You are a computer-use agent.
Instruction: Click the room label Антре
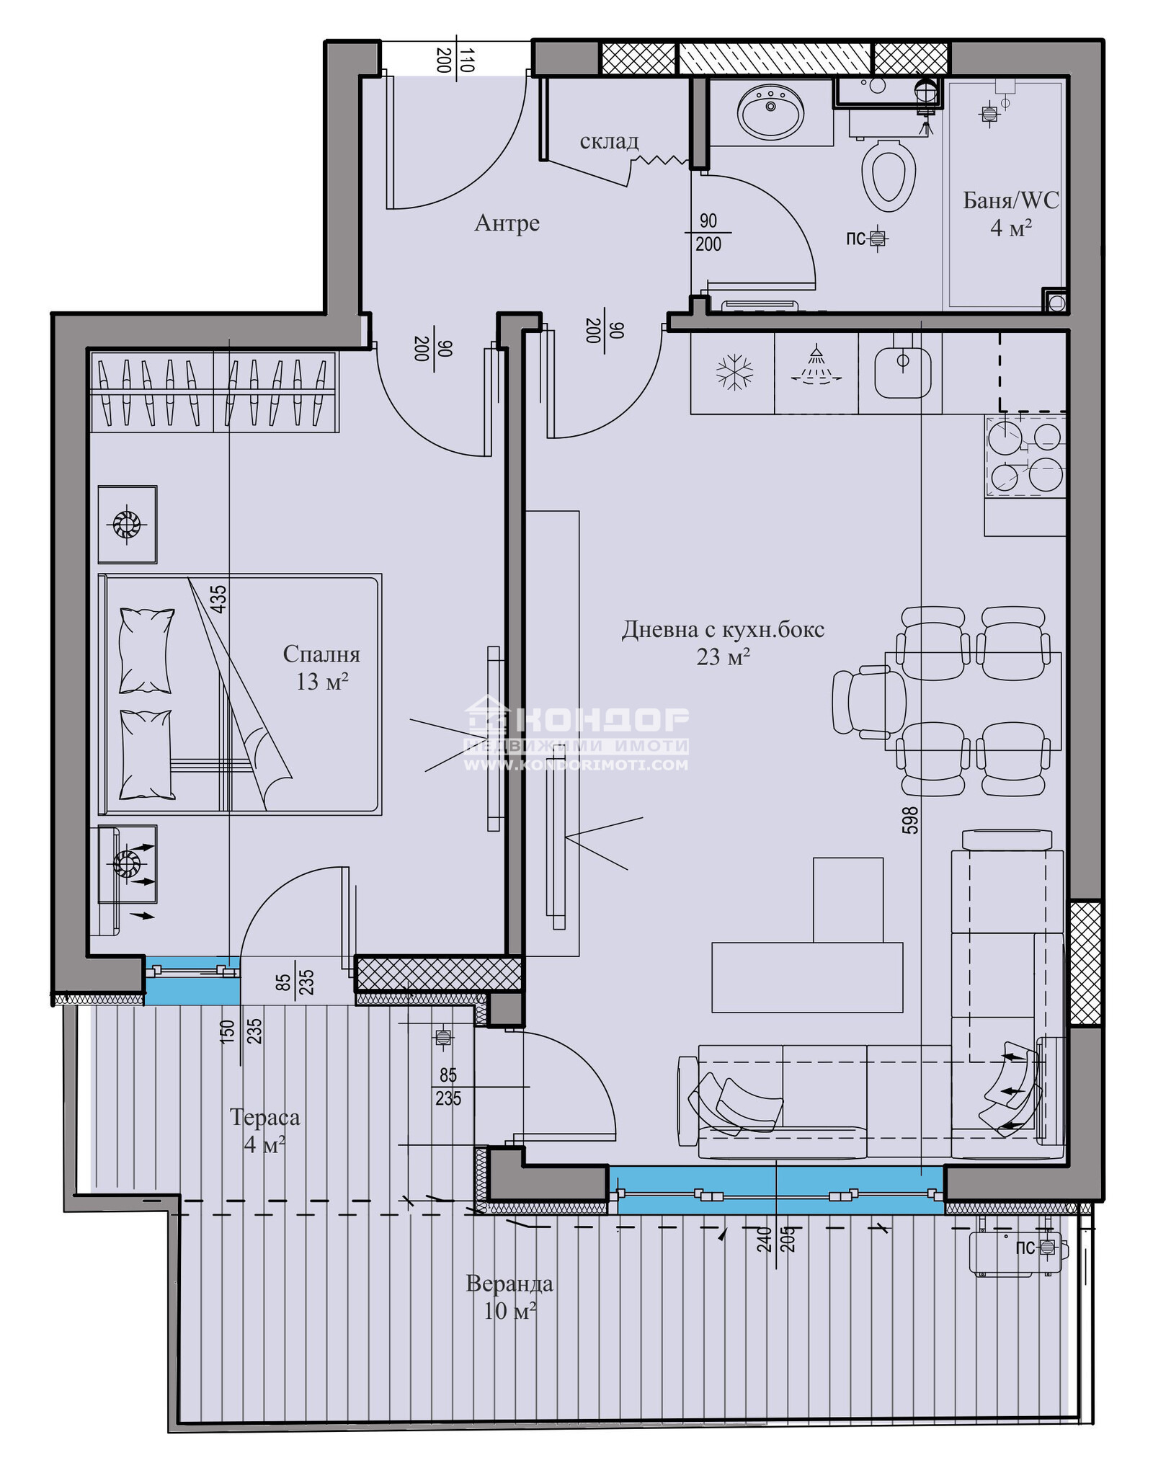click(x=507, y=223)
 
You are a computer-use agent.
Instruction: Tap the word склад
click(x=609, y=141)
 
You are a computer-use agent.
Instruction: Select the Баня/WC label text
click(x=1011, y=200)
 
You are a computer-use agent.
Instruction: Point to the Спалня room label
click(x=321, y=654)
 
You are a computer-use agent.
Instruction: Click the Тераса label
click(x=264, y=1117)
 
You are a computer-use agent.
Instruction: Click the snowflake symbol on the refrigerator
click(x=734, y=373)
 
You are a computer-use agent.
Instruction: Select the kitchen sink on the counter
click(x=902, y=373)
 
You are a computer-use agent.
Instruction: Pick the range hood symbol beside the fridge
click(x=816, y=365)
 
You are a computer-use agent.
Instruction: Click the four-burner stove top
click(x=1025, y=456)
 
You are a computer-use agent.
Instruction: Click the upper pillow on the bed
click(x=146, y=651)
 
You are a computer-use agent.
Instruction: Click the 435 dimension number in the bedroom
click(x=218, y=599)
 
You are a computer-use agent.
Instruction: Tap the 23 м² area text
click(x=723, y=657)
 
